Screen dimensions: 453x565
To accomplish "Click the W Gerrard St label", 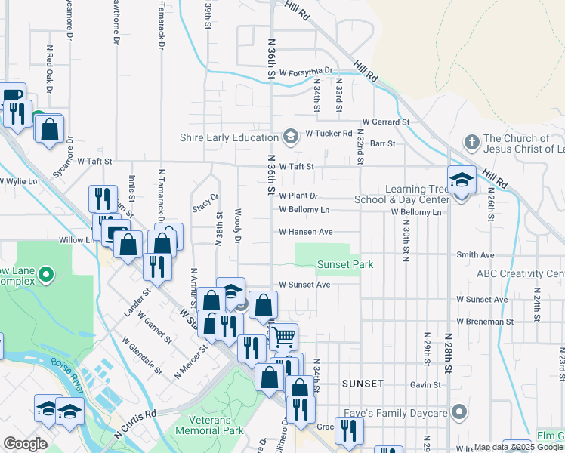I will point(385,121).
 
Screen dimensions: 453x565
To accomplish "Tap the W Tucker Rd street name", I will point(329,134).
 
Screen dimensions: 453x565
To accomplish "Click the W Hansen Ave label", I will point(305,232).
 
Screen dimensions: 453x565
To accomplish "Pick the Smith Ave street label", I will point(475,255).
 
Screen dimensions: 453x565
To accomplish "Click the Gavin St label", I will point(426,384).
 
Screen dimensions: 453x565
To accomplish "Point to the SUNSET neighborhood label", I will point(363,384).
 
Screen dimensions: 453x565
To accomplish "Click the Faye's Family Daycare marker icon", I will point(458,412).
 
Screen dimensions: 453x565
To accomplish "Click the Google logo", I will point(24,444).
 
